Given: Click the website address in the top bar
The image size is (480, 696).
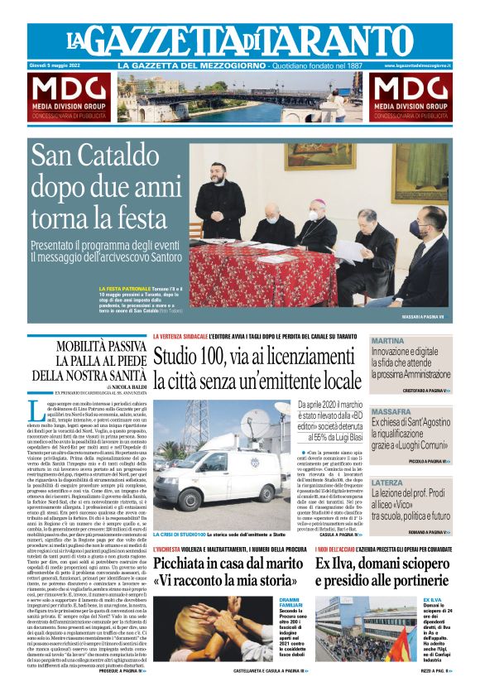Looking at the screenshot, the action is (x=417, y=65).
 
